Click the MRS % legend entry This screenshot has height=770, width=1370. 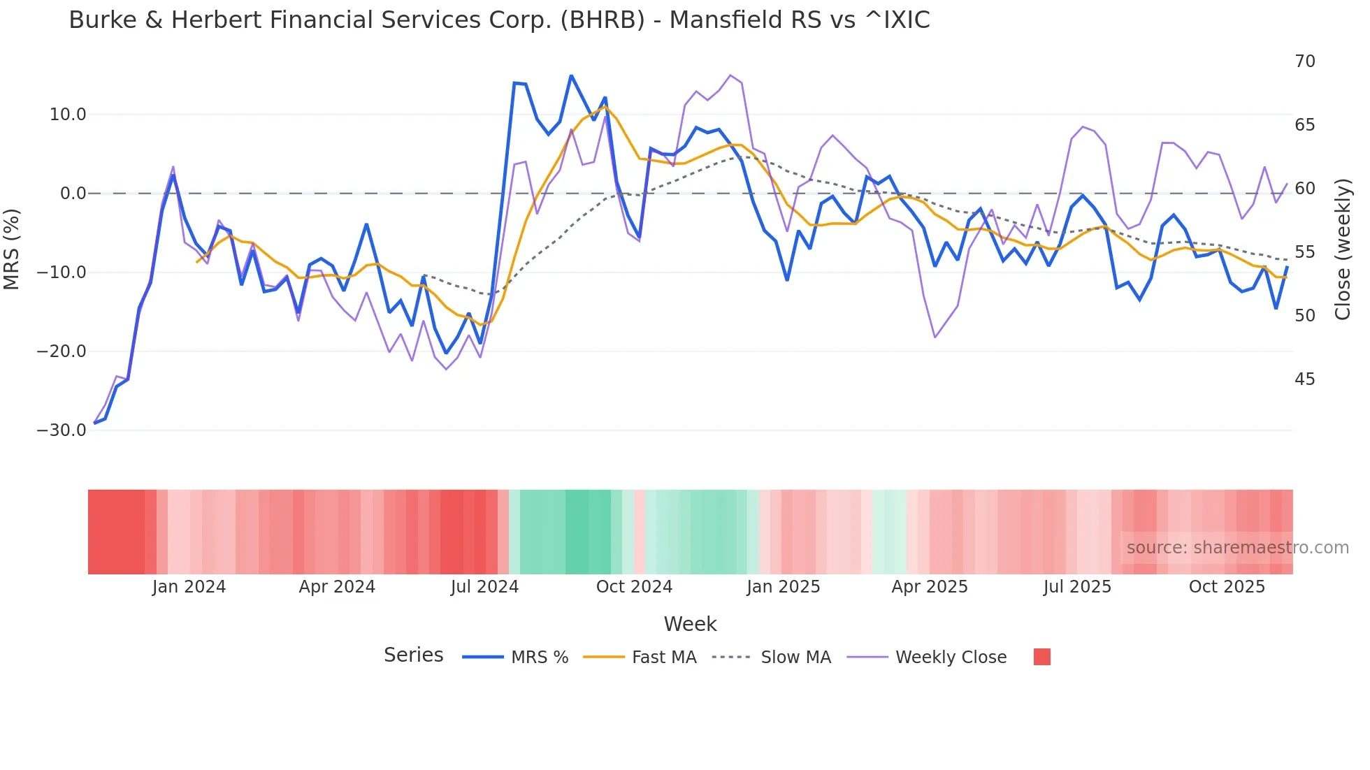coord(539,658)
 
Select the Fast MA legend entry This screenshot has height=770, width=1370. coord(663,658)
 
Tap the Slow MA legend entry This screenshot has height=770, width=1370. coord(795,658)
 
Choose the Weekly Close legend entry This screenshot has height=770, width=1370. coord(951,658)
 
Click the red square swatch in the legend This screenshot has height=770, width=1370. coord(1041,657)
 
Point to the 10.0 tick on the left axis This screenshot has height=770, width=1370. coord(68,115)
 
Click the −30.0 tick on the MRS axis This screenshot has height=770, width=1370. coord(62,430)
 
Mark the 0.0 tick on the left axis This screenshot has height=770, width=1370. coord(73,194)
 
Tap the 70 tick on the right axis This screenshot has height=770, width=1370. coord(1304,61)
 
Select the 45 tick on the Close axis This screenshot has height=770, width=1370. coord(1304,379)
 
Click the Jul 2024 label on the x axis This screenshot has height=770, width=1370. coord(484,587)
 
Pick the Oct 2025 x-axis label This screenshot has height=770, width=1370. coord(1227,587)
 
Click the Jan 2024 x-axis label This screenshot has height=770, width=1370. coord(189,587)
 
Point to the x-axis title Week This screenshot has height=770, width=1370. coord(690,624)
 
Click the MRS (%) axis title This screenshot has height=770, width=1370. coord(12,249)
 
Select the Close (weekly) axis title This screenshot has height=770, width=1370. coord(1343,249)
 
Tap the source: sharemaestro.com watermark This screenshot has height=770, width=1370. coord(1237,548)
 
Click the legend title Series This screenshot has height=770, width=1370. coord(413,655)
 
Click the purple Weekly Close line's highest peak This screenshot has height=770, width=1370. coord(730,75)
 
